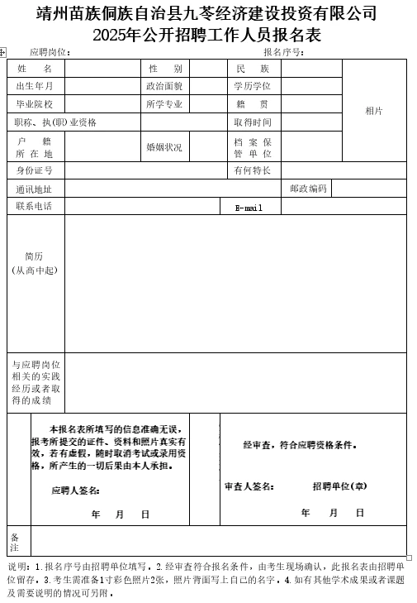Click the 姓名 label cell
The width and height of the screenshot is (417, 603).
pyautogui.click(x=35, y=68)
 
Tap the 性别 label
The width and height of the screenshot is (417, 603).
pyautogui.click(x=164, y=68)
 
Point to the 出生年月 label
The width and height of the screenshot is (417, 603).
pyautogui.click(x=35, y=86)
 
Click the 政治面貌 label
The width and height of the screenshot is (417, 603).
pyautogui.click(x=164, y=86)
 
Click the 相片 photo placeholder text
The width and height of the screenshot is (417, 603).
pyautogui.click(x=374, y=111)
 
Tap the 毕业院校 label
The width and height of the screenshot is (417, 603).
pyautogui.click(x=35, y=104)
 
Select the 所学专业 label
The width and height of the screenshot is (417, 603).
pyautogui.click(x=164, y=104)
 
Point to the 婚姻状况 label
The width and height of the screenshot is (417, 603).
pyautogui.click(x=164, y=147)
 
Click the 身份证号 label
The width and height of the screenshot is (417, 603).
pyautogui.click(x=35, y=170)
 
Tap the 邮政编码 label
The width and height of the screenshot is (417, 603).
pyautogui.click(x=308, y=189)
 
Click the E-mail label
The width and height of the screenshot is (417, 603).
pyautogui.click(x=249, y=208)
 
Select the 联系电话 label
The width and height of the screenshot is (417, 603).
pyautogui.click(x=35, y=206)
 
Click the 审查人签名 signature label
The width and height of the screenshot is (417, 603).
pyautogui.click(x=249, y=486)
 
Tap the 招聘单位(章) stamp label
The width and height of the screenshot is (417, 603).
pyautogui.click(x=339, y=486)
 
